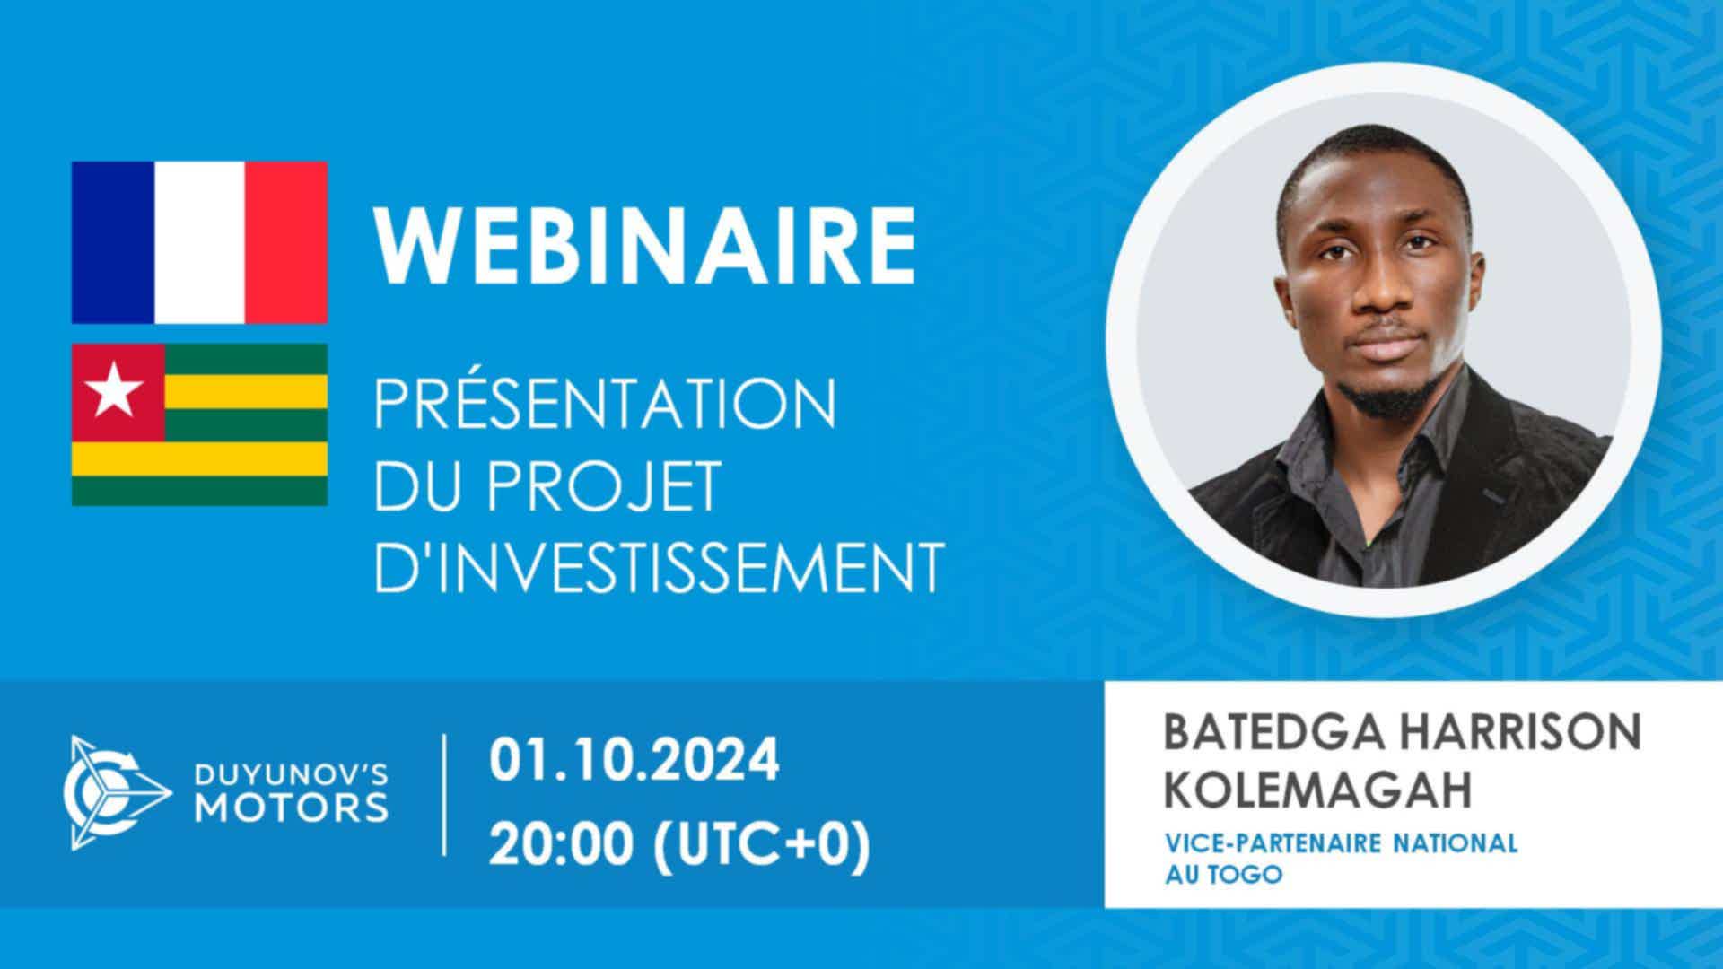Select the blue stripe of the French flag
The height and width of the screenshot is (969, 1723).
pyautogui.click(x=114, y=242)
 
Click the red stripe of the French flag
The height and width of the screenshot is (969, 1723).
pyautogui.click(x=284, y=242)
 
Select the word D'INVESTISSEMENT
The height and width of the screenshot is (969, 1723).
pyautogui.click(x=659, y=566)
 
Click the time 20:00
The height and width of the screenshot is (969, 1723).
pyautogui.click(x=564, y=843)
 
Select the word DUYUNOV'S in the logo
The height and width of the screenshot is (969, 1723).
pyautogui.click(x=293, y=771)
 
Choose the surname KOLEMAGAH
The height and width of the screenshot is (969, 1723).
pyautogui.click(x=1318, y=790)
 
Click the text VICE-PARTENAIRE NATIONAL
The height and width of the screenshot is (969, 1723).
pyautogui.click(x=1342, y=843)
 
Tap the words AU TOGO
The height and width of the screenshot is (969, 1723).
pyautogui.click(x=1223, y=874)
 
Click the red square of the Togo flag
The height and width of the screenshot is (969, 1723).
pyautogui.click(x=118, y=392)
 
